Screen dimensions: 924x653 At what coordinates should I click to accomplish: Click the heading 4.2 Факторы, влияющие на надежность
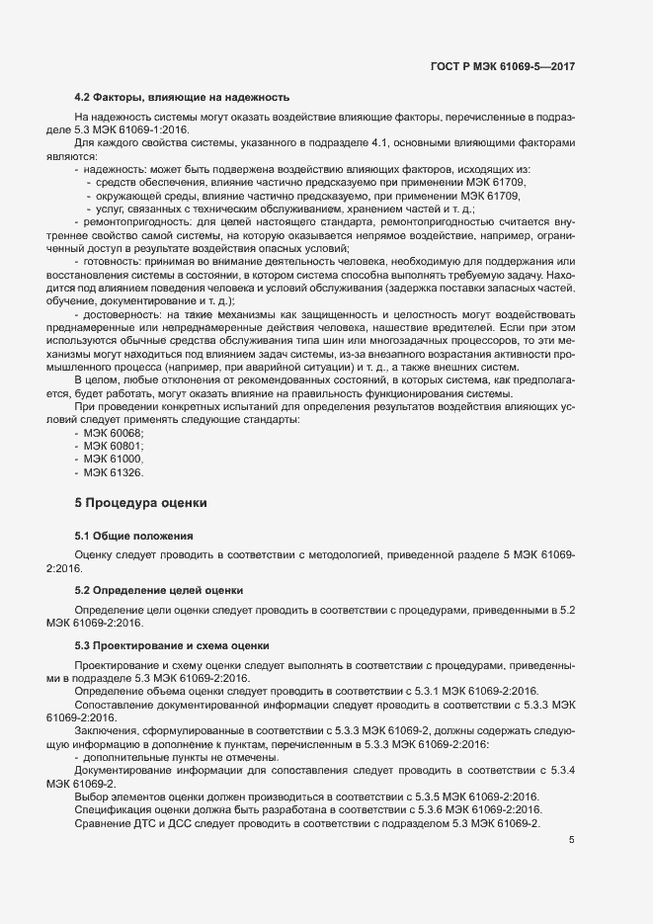(182, 97)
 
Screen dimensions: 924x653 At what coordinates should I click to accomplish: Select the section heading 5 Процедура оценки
(141, 503)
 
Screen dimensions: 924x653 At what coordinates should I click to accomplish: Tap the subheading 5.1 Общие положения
(133, 536)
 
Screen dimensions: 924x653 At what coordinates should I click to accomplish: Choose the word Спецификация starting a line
(112, 809)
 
